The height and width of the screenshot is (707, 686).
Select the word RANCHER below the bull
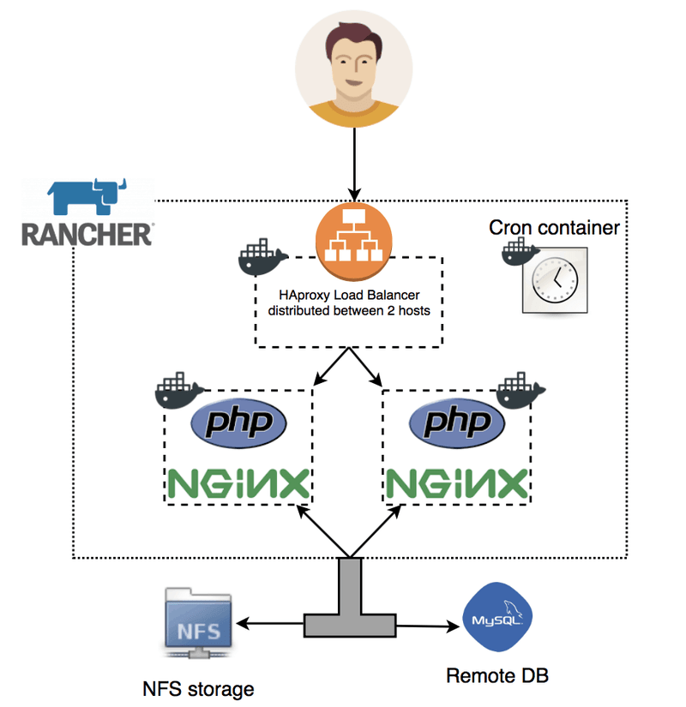click(x=87, y=234)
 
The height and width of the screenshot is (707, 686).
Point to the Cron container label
click(x=554, y=228)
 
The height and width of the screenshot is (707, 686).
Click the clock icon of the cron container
click(x=554, y=280)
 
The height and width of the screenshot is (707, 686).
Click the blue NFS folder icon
click(x=198, y=626)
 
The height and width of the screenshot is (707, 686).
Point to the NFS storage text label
click(x=198, y=688)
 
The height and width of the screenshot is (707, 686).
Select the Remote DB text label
click(x=497, y=675)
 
